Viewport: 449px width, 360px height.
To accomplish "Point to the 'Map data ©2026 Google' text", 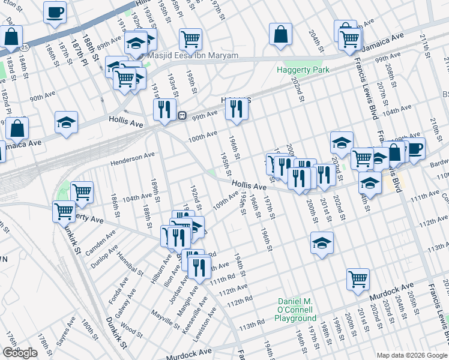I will [x=412, y=355].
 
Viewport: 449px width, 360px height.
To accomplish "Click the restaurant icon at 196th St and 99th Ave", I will [x=236, y=109].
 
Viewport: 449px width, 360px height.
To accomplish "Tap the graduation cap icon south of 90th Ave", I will [x=66, y=122].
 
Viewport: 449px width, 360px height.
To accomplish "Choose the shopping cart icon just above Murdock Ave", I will [x=358, y=278].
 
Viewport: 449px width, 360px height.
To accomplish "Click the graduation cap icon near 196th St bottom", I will [x=322, y=242].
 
